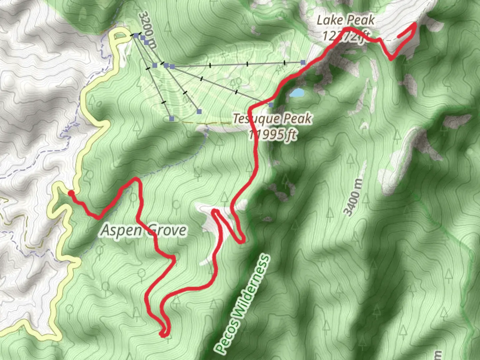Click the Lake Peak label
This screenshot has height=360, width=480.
point(346,21)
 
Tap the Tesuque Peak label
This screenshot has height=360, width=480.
point(272,119)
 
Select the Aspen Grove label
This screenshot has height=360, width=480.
point(144,230)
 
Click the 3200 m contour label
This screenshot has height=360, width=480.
point(147,30)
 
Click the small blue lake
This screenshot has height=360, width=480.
point(297,93)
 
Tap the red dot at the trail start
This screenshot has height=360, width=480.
point(71,193)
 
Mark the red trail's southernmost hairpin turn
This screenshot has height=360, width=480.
point(164,334)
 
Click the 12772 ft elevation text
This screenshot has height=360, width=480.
point(346,35)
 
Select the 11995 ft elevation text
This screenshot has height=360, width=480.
point(272,134)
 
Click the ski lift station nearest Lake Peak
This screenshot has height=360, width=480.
point(303,62)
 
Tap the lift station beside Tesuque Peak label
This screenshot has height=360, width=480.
point(271,105)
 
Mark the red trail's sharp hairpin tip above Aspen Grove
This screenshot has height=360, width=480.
point(136,179)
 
